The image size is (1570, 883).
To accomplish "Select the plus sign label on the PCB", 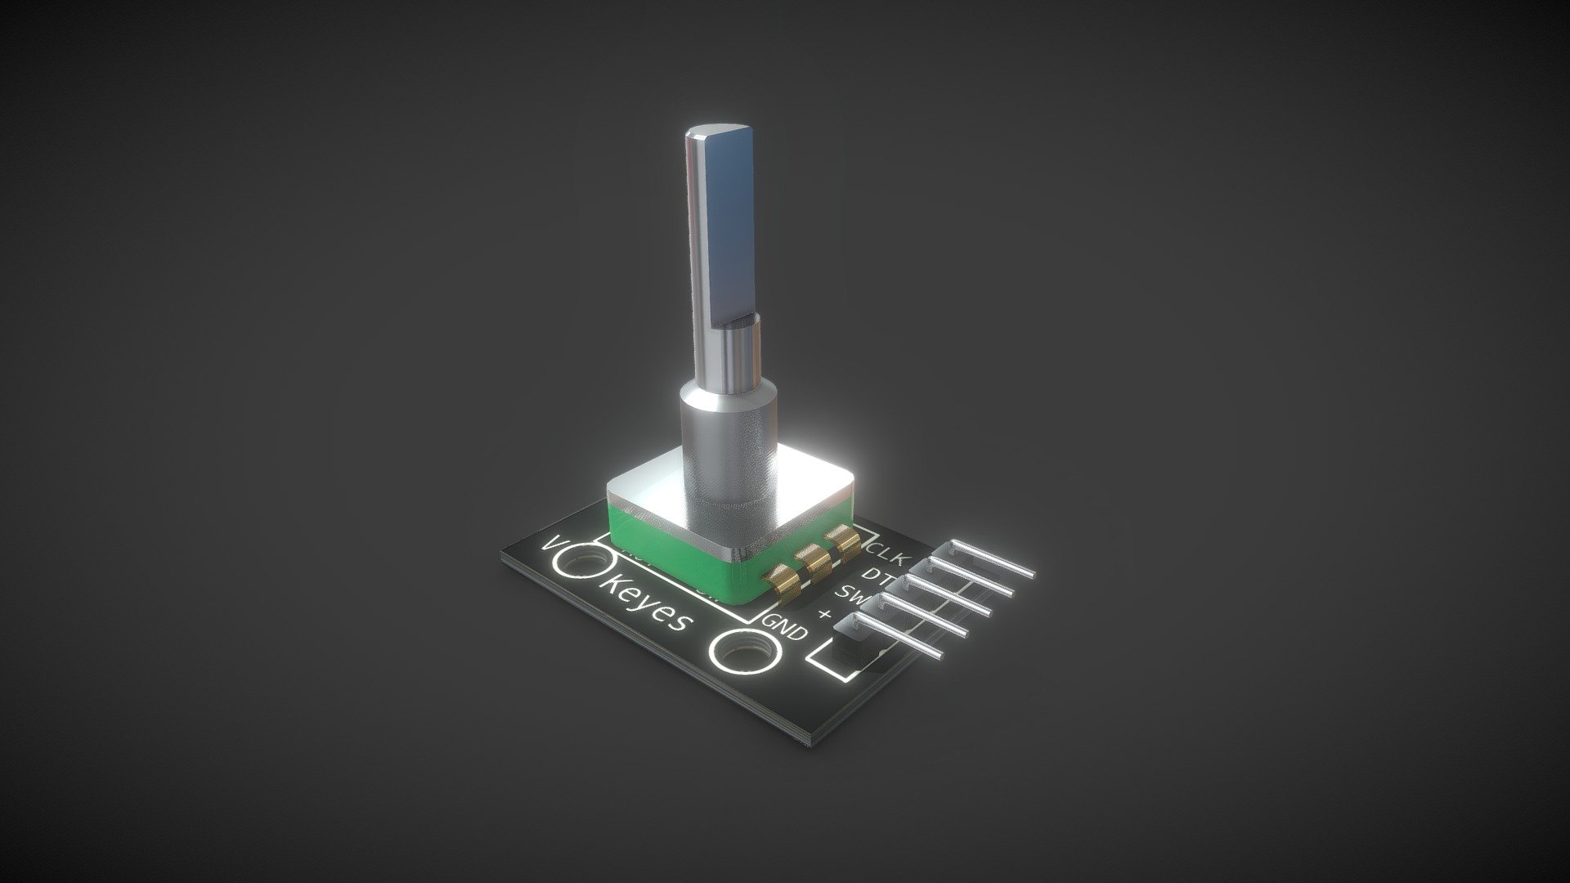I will coord(825,614).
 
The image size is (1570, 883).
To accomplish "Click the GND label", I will coord(785,627).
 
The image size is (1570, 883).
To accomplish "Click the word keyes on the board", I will coord(646,607).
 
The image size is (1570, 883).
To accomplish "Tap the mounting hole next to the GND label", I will coord(742,651).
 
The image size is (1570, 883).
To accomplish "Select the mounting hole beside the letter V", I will coord(585,563).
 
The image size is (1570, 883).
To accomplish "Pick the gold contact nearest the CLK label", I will coord(841,540).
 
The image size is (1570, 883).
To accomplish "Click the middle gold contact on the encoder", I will coord(814,560).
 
